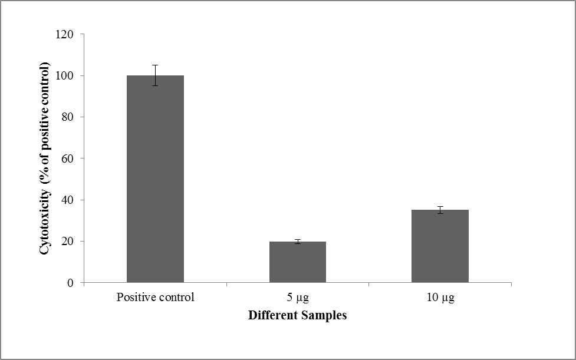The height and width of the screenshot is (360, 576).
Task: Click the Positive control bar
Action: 155,179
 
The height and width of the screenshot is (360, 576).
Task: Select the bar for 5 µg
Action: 298,262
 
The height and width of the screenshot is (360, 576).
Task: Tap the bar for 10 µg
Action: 440,246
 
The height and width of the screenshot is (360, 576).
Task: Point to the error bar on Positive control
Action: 155,75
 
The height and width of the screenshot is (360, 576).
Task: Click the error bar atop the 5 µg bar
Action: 298,242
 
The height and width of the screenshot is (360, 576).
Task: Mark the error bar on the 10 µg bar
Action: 440,210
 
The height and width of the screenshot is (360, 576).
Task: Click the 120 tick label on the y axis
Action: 65,35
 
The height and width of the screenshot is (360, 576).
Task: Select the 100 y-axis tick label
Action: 65,76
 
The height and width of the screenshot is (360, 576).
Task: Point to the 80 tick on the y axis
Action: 67,117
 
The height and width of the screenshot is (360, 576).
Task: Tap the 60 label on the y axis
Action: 67,158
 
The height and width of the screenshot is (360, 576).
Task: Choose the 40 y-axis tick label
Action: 67,200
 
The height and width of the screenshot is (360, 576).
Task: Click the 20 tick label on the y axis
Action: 67,242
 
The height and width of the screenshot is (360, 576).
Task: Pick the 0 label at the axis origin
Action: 70,283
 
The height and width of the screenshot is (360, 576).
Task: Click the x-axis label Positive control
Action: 155,298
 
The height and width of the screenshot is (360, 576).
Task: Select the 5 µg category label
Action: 298,298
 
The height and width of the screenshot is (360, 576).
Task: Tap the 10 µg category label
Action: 440,298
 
